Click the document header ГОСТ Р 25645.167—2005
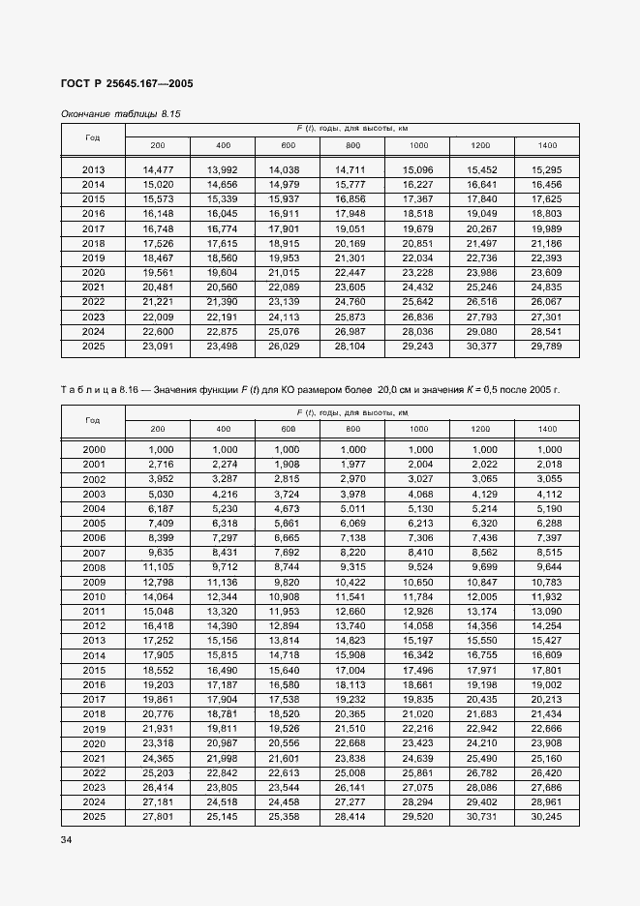(127, 84)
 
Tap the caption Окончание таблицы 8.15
(121, 113)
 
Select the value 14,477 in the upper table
(158, 169)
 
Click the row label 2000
(94, 450)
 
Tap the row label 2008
(94, 567)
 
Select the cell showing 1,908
(287, 465)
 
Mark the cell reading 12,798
(158, 582)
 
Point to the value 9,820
(287, 582)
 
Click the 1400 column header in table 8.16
(547, 428)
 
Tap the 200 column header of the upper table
(158, 145)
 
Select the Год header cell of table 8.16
(93, 421)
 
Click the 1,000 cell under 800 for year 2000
(352, 450)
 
